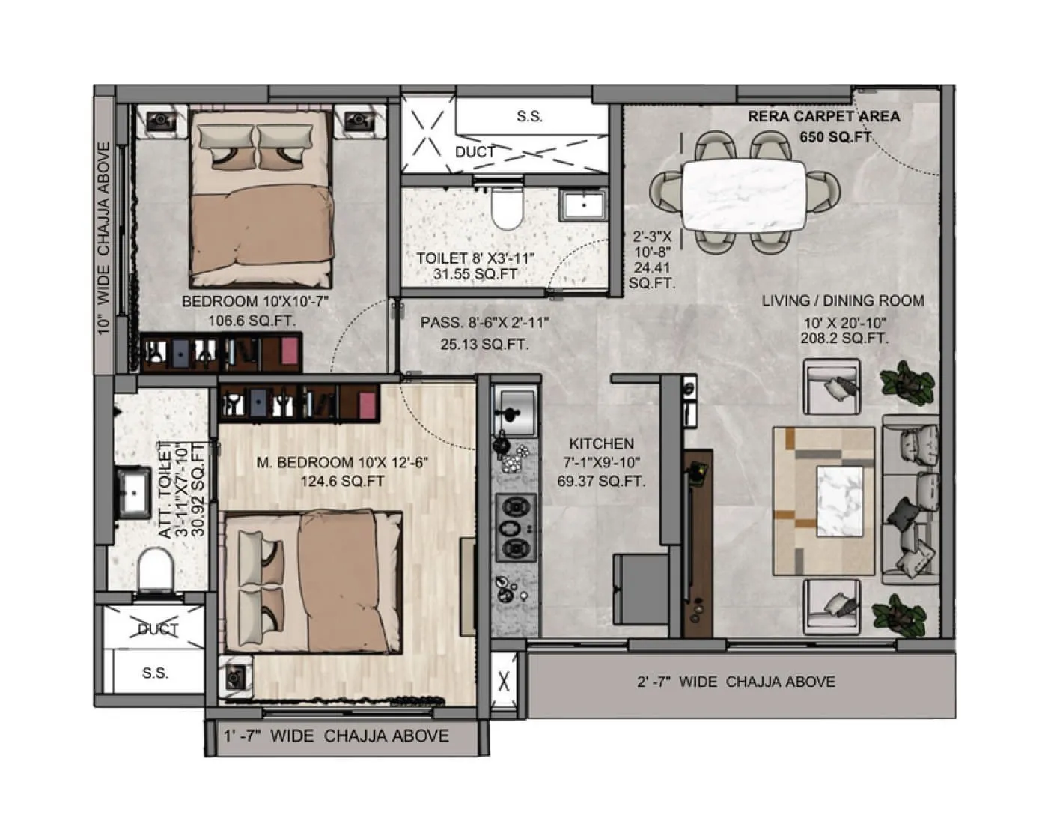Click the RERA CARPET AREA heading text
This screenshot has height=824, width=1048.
click(x=823, y=117)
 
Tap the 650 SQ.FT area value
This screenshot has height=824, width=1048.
click(x=835, y=137)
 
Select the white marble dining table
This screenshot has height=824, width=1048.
click(x=743, y=194)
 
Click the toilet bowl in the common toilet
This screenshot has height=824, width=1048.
click(x=506, y=209)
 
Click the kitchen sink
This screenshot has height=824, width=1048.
click(x=515, y=411)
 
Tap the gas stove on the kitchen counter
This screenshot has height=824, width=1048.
click(x=516, y=527)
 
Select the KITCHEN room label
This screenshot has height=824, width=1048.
click(x=601, y=443)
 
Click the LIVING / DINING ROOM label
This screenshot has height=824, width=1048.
click(x=843, y=301)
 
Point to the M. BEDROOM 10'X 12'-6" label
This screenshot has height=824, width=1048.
click(x=342, y=463)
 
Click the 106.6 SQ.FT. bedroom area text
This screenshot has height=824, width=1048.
click(x=252, y=321)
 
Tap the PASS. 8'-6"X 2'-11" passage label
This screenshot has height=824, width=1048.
click(x=484, y=323)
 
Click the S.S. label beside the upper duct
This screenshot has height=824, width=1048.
click(x=529, y=117)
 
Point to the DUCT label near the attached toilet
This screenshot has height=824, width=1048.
click(x=158, y=629)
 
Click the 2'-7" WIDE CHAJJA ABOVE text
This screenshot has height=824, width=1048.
click(x=736, y=682)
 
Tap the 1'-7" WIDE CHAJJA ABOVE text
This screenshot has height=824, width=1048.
click(x=336, y=736)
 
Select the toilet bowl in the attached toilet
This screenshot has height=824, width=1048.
click(x=156, y=569)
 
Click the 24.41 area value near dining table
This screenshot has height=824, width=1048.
click(x=651, y=268)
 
